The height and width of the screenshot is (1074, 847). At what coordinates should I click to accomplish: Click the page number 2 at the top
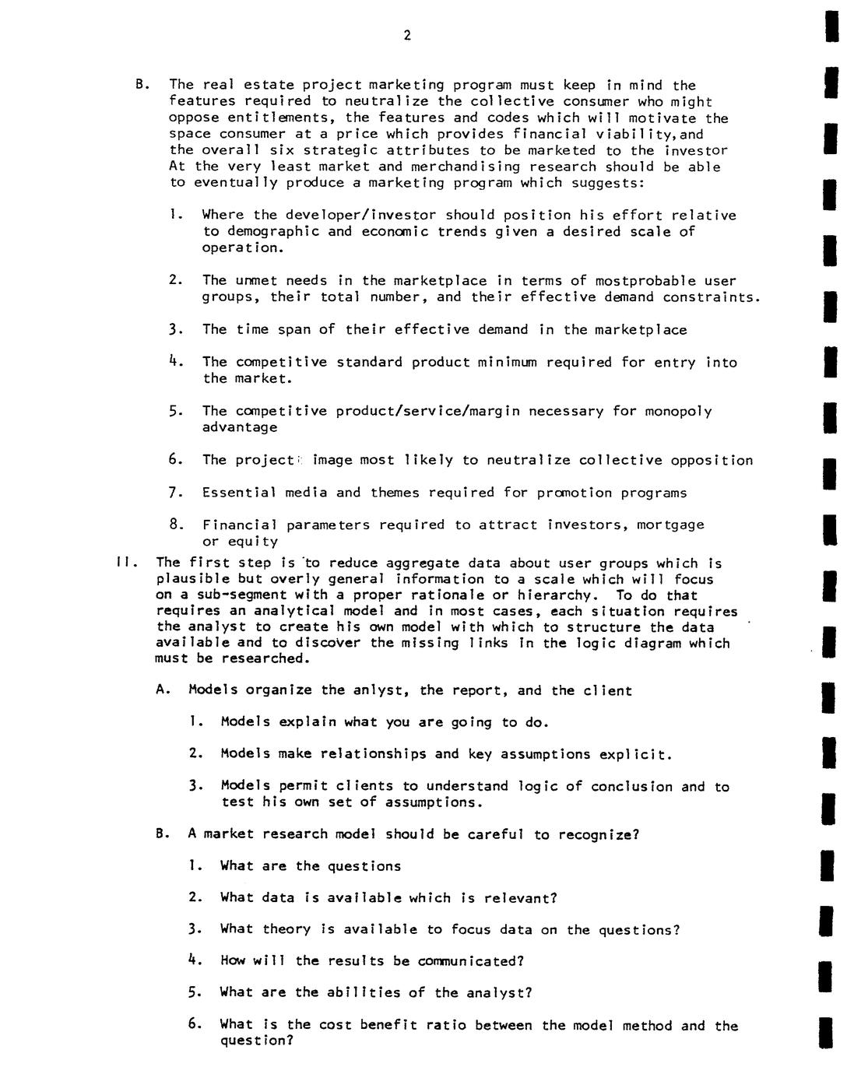pos(407,36)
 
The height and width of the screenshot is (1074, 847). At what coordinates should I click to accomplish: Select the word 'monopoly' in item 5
pos(677,411)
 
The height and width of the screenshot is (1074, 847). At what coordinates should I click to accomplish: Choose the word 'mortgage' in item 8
pos(670,525)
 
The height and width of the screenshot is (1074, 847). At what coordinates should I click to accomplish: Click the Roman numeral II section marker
pos(124,562)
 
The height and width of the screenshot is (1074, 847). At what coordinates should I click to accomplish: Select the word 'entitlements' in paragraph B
pos(282,118)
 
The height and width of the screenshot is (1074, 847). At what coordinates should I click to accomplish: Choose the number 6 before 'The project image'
pos(175,459)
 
